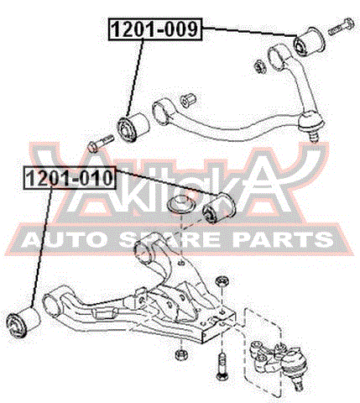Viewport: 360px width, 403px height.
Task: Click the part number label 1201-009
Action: (155, 29)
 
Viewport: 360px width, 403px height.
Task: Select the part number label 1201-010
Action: (70, 178)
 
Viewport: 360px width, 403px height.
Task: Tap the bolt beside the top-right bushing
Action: (340, 27)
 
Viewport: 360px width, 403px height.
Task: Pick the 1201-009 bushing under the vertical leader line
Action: (133, 128)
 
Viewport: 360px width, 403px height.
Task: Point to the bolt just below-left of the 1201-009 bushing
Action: (101, 143)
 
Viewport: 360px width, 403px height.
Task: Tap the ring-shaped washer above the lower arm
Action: (181, 205)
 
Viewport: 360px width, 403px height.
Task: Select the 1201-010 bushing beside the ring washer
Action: (219, 208)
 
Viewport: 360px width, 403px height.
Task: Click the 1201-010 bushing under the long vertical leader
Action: (23, 322)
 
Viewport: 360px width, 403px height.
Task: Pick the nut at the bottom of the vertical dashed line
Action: (181, 354)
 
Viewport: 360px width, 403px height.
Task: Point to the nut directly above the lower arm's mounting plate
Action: (222, 281)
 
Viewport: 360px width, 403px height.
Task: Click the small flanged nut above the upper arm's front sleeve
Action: (188, 99)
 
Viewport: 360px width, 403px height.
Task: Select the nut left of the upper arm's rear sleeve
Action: (260, 66)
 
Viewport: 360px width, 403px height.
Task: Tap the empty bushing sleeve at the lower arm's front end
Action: (53, 305)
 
